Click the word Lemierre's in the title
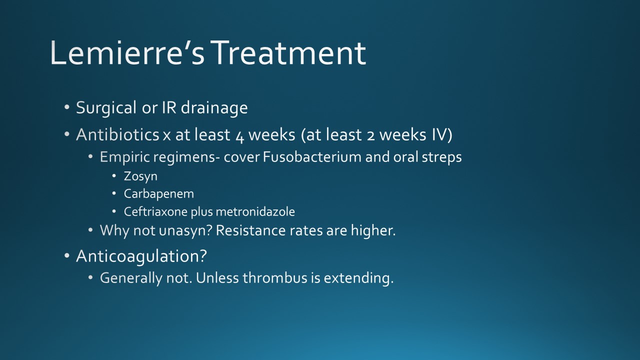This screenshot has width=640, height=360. click(127, 53)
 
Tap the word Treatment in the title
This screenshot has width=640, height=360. click(289, 53)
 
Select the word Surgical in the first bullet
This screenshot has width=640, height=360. click(106, 108)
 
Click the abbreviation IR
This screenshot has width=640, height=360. click(169, 107)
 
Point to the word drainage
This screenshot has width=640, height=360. click(214, 108)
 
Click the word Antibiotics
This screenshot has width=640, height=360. click(117, 134)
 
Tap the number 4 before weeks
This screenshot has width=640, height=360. click(239, 135)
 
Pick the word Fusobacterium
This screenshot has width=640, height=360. click(312, 157)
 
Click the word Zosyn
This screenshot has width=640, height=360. click(140, 176)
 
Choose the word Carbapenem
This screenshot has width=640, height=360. click(159, 194)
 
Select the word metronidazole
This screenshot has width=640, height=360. click(255, 211)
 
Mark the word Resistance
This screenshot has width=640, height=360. click(250, 230)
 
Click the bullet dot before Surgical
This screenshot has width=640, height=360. click(67, 107)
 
